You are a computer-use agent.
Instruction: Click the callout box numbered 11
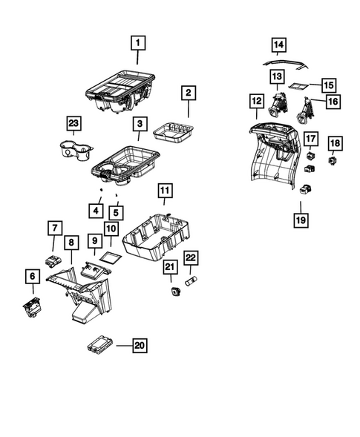pos(164,192)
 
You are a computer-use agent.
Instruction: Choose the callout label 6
pos(32,276)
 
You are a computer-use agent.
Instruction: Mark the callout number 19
pos(303,219)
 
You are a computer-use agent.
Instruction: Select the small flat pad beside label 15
pos(298,86)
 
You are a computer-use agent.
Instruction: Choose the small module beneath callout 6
pos(31,306)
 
